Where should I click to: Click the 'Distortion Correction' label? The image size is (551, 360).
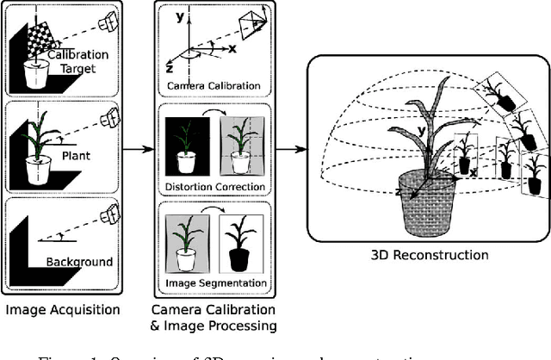(x=214, y=189)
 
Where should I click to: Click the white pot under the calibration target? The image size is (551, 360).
(x=35, y=76)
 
